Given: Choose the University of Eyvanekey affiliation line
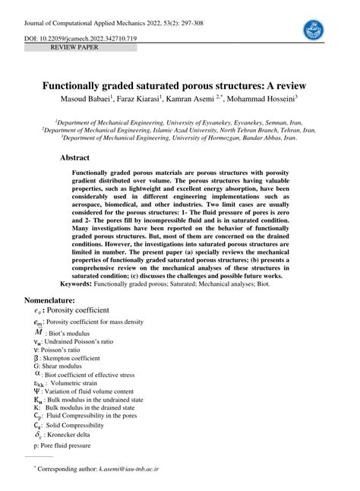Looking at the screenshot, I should (x=179, y=121).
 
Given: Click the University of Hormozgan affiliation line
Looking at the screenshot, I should (x=179, y=138).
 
